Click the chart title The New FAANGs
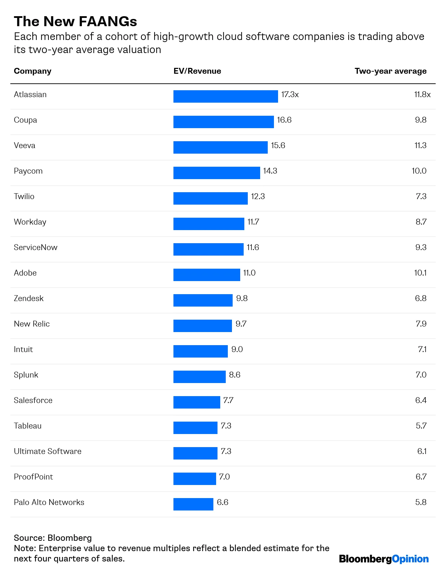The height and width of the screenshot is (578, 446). point(75,21)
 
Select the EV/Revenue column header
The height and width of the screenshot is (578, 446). point(197,71)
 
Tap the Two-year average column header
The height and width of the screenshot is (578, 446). point(390,71)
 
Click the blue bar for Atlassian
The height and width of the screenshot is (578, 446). point(225,96)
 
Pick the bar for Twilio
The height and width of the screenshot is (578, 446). point(210,198)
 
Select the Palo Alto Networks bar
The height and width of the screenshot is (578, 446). point(193,504)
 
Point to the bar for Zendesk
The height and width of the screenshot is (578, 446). point(203,300)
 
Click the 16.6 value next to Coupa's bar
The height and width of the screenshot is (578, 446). point(284,120)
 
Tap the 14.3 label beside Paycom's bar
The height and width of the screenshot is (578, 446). point(270,171)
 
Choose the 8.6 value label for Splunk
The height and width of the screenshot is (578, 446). point(235,375)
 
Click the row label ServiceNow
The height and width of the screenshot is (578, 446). point(35,247)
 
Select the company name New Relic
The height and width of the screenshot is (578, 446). point(32,324)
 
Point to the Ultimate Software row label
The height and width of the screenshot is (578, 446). point(47,451)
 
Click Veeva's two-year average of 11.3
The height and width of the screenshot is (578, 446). point(420,145)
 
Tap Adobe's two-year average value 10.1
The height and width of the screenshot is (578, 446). point(420,273)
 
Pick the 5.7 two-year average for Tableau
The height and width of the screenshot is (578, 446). point(421,426)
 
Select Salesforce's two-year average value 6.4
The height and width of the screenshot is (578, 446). point(421,400)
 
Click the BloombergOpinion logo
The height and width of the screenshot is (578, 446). point(384,559)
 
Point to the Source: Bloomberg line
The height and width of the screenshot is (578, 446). point(53,538)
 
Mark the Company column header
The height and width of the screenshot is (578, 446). point(32,71)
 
